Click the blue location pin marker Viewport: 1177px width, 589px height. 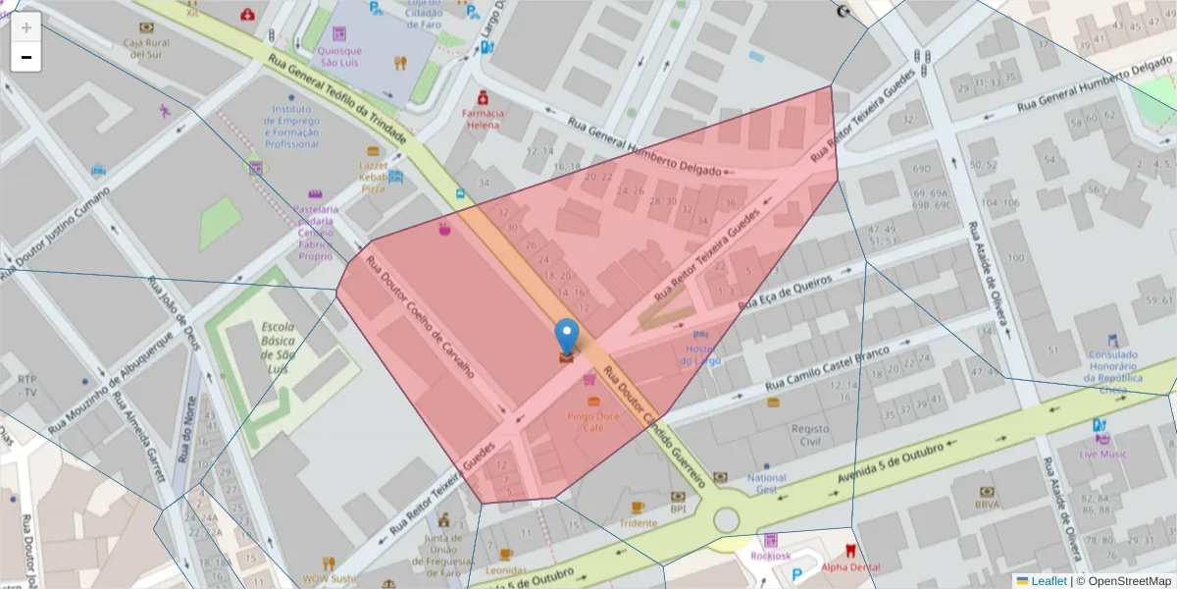click(567, 336)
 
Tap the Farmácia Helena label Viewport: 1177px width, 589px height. click(483, 119)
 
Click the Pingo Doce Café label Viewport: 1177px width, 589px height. click(592, 421)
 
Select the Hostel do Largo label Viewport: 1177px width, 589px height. click(701, 354)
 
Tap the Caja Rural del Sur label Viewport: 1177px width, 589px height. click(146, 48)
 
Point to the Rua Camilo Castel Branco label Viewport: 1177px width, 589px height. click(830, 368)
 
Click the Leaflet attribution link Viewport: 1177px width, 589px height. click(1049, 581)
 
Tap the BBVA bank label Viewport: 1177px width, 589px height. click(987, 505)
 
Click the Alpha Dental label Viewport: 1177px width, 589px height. click(849, 567)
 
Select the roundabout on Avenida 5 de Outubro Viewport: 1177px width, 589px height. click(726, 518)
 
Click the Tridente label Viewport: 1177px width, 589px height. click(638, 523)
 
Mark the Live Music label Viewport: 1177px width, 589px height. click(1102, 454)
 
